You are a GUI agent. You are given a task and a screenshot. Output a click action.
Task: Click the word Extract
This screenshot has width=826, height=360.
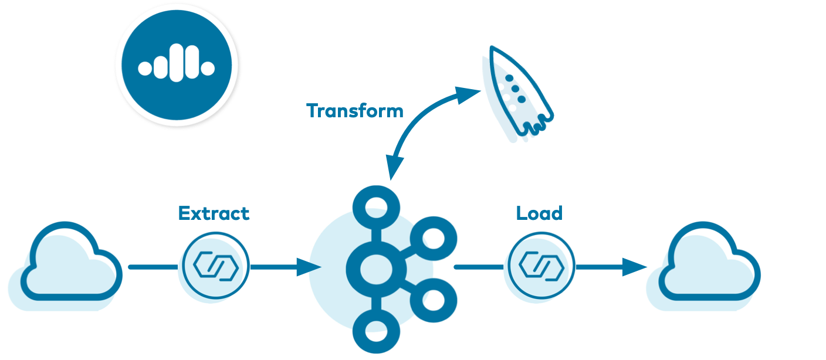point(214,213)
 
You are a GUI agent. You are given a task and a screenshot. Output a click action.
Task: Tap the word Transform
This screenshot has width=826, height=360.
point(355,111)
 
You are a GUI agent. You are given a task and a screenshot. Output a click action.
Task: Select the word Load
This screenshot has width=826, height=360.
point(539,213)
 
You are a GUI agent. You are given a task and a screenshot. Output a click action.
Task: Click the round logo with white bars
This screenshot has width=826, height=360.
point(177,65)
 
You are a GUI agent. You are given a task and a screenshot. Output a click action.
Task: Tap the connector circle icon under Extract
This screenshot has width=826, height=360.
point(215,267)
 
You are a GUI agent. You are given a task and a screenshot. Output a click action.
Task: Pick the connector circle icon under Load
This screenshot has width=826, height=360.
point(541,267)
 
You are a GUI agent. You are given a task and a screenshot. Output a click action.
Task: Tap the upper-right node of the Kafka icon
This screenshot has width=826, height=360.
point(433,237)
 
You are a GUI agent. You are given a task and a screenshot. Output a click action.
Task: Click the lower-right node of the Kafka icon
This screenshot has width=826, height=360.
point(433,299)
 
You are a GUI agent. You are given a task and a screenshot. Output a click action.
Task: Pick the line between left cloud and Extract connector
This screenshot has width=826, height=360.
point(153,267)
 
